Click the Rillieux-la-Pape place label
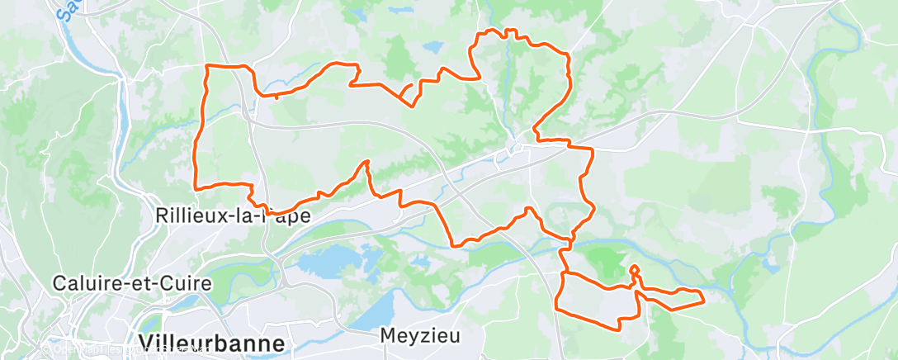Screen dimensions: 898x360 click(x=221, y=216)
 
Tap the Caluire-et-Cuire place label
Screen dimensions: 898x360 click(x=132, y=283)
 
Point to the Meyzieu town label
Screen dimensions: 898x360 click(x=419, y=336)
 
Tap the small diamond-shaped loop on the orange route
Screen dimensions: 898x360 click(x=634, y=271)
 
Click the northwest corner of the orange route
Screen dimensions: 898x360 click(x=206, y=66)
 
